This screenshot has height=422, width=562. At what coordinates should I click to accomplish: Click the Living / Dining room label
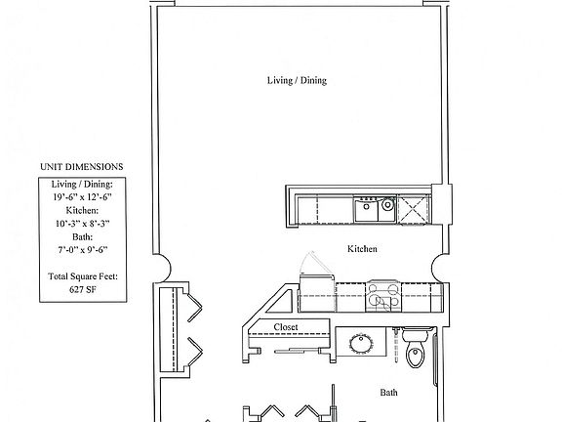[297, 80]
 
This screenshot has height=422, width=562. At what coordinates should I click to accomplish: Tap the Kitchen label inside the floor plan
[362, 249]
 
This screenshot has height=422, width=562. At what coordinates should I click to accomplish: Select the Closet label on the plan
[286, 327]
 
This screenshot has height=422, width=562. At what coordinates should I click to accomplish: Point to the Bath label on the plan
[388, 393]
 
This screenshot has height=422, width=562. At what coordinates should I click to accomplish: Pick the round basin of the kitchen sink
[387, 205]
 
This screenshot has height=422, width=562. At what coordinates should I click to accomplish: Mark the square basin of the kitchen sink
[368, 205]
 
